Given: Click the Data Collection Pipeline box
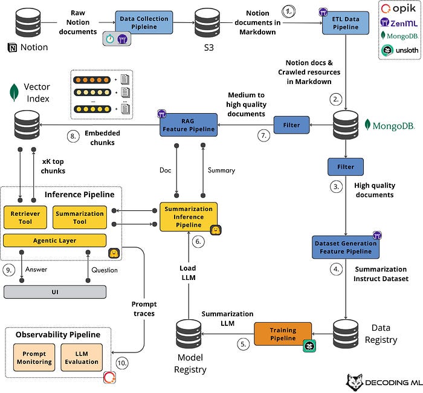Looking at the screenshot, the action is [144, 22].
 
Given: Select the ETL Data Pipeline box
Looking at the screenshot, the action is [346, 23].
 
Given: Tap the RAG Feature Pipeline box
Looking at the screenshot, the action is [189, 125].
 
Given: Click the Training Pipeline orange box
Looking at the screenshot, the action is [283, 334].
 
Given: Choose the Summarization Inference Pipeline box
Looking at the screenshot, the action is [189, 216].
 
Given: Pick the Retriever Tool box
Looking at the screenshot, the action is [25, 218].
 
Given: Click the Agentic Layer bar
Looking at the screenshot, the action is [55, 241].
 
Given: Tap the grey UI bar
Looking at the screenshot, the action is [55, 292].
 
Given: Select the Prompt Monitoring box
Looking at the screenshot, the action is [34, 357].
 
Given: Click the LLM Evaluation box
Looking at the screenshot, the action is [82, 357].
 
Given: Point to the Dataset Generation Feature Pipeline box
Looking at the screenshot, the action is [346, 247].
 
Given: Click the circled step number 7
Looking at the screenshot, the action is [263, 135].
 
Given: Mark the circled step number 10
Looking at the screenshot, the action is [122, 363].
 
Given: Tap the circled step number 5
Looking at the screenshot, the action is [243, 344].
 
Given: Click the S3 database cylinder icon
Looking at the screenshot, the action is [207, 23].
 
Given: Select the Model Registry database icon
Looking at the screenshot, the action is [189, 334].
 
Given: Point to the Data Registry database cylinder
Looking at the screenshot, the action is [346, 334].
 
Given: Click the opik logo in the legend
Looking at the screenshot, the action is [398, 8].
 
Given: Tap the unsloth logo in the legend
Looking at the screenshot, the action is [399, 50].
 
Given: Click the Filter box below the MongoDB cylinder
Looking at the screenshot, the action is [346, 167].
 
